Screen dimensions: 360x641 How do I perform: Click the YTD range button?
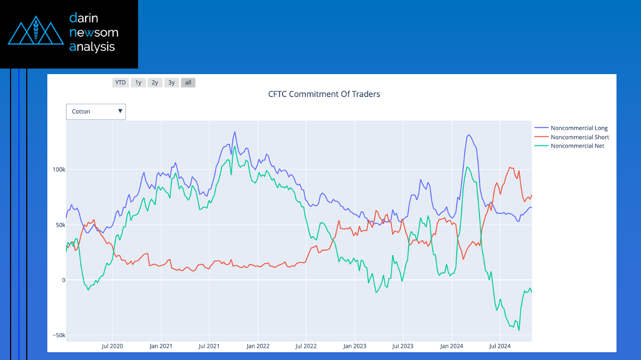point(120,82)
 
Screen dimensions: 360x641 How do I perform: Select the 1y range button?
point(138,82)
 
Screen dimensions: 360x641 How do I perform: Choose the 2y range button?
point(155,82)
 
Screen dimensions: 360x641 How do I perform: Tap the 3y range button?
point(172,82)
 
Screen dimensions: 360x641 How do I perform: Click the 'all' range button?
point(188,82)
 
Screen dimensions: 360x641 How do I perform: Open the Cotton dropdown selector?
point(96,111)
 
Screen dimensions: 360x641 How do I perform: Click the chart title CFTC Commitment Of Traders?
point(324,94)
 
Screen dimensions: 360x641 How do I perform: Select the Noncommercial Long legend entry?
point(579,128)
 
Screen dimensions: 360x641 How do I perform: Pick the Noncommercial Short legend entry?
point(579,137)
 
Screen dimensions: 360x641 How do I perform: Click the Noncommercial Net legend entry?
point(577,146)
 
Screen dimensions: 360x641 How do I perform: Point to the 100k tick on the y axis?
point(58,169)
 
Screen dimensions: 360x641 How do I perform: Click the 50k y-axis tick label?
point(60,225)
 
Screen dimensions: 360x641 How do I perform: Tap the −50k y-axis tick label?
point(58,335)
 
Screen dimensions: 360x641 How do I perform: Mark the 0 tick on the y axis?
point(63,280)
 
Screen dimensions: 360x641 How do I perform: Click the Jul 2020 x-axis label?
point(112,346)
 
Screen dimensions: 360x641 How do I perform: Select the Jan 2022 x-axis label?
point(258,346)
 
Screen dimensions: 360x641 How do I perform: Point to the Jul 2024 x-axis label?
point(500,346)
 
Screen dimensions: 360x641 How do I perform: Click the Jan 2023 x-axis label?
point(355,346)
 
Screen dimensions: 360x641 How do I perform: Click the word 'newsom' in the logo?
point(94,32)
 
